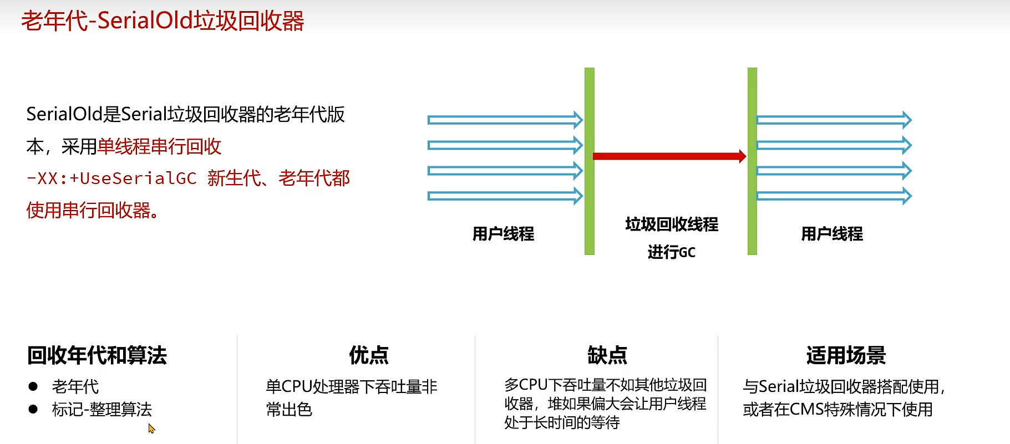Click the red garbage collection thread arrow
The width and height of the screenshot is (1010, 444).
669,156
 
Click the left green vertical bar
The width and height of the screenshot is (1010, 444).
589,161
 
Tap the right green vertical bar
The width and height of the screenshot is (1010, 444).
752,161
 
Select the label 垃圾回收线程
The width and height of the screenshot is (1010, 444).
672,224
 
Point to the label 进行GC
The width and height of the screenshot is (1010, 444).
671,252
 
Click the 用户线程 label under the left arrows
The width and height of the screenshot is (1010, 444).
503,233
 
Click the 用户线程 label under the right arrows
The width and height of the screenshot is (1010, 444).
832,233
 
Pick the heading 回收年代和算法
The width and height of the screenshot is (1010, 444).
97,355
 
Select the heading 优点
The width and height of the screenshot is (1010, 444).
369,355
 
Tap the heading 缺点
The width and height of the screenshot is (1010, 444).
607,355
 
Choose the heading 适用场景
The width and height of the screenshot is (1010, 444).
846,355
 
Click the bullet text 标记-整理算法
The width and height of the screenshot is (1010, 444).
102,409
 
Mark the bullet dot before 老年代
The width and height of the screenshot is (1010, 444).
33,386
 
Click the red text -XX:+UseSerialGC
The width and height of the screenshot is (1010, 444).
111,178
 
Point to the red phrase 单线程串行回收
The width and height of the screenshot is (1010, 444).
159,146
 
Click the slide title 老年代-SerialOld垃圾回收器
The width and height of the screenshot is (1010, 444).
163,21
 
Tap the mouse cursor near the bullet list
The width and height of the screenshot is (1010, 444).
151,428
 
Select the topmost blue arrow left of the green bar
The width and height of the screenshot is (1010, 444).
505,120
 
